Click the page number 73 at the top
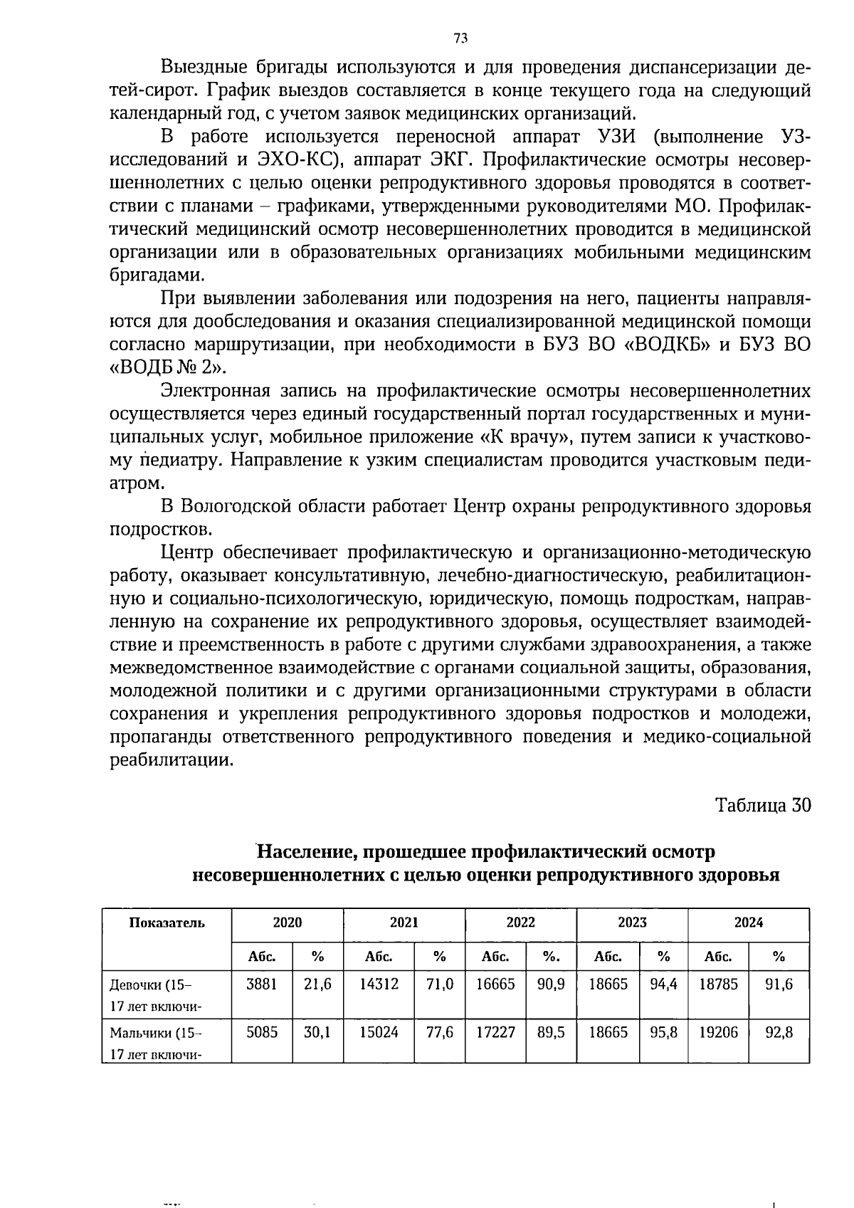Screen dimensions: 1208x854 [460, 38]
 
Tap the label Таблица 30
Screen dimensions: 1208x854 [763, 805]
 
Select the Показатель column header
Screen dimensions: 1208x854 [167, 923]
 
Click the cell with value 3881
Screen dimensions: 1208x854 [261, 985]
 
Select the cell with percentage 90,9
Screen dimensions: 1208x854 [551, 985]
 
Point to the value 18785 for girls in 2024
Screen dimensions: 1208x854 [718, 985]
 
